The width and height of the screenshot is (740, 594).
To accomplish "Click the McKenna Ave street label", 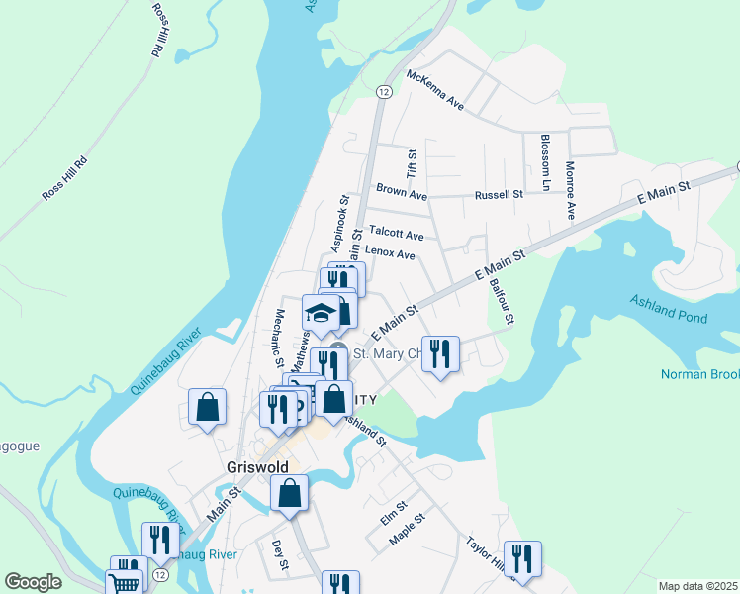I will point(434,89).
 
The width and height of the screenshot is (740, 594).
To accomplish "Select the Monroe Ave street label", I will point(570,190).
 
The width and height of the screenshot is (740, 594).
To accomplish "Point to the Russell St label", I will point(498,195).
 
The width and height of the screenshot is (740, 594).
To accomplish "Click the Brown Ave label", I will point(400,188).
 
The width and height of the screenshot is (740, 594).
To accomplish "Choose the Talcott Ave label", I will point(398,236).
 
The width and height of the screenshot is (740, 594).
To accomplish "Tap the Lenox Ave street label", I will point(390,253).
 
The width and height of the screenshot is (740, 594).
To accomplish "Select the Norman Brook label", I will point(698,375).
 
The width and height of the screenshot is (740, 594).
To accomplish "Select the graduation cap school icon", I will point(321,313).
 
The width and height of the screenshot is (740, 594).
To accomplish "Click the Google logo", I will point(33,582).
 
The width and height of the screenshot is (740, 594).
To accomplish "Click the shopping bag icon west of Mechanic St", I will point(207,406).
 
